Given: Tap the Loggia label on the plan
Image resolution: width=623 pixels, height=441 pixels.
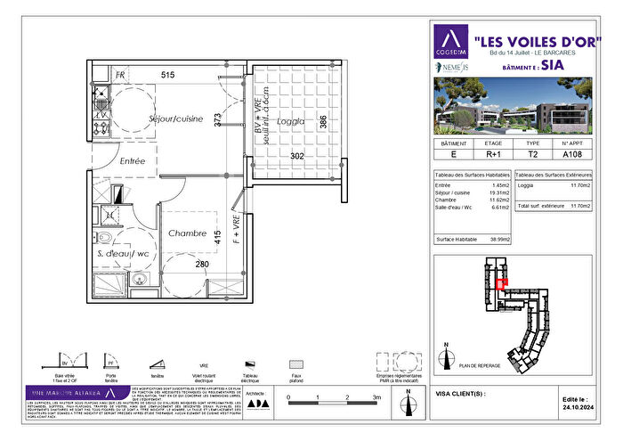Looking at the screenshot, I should pos(290,121).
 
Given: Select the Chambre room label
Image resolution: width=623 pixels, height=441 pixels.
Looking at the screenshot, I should pos(187,233).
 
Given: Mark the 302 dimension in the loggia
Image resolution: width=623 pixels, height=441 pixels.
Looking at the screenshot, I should pos(297,157).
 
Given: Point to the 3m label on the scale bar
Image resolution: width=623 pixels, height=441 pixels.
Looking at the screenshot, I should pos(377,396).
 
